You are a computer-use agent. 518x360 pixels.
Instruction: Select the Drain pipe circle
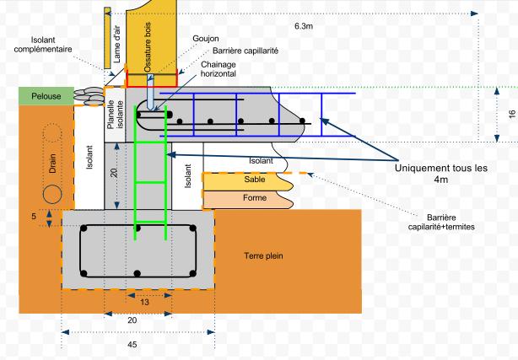[x=53, y=193]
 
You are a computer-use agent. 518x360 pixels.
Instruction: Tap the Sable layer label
[x=255, y=180]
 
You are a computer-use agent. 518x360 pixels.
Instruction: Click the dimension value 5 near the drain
[x=33, y=216]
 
